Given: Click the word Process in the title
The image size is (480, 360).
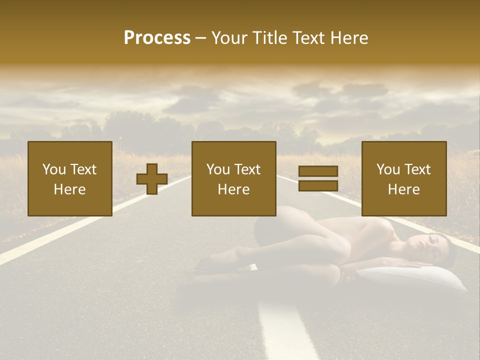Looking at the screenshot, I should pos(157,38).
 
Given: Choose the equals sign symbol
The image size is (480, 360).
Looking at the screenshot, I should pos(318,178).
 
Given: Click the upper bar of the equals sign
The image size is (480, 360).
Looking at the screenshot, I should pos(318,171).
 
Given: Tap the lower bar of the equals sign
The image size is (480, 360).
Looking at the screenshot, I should pos(318,185).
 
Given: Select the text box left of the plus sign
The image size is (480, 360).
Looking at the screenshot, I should pos(69,178).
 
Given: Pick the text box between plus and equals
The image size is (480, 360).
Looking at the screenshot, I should pos(233,178).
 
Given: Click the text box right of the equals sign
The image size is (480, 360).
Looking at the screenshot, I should pos(403,178).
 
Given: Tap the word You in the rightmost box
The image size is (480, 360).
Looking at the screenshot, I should pos(388,169).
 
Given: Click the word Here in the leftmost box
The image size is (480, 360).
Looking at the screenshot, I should pos(69,189).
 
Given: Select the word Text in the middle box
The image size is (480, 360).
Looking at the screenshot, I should pos(247,169).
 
